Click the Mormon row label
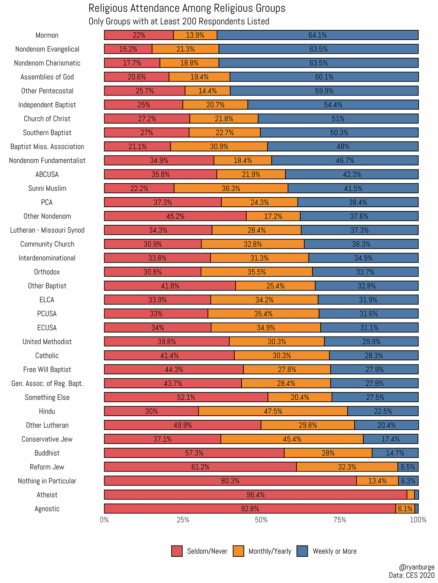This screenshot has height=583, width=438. click(47, 35)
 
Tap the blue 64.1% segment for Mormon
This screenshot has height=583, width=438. click(318, 35)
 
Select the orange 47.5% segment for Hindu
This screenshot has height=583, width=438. click(273, 411)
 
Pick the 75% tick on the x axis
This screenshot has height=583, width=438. click(340, 520)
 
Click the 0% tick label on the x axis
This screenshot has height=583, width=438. click(104, 520)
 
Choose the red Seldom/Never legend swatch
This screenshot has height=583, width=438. click(177, 551)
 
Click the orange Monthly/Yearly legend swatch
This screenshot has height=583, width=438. click(238, 551)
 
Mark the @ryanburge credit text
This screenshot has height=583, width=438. click(417, 567)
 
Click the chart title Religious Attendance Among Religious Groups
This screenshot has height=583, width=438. click(187, 8)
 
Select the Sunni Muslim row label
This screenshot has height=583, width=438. click(47, 188)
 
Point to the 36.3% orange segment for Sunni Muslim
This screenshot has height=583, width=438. click(231, 188)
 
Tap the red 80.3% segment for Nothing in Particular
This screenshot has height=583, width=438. click(230, 481)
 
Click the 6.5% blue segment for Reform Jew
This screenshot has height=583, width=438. click(408, 467)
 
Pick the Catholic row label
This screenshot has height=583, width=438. click(47, 356)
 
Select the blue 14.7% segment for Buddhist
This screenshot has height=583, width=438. click(395, 453)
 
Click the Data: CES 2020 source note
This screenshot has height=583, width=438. click(411, 575)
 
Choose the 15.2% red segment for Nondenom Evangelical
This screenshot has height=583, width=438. click(128, 49)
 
